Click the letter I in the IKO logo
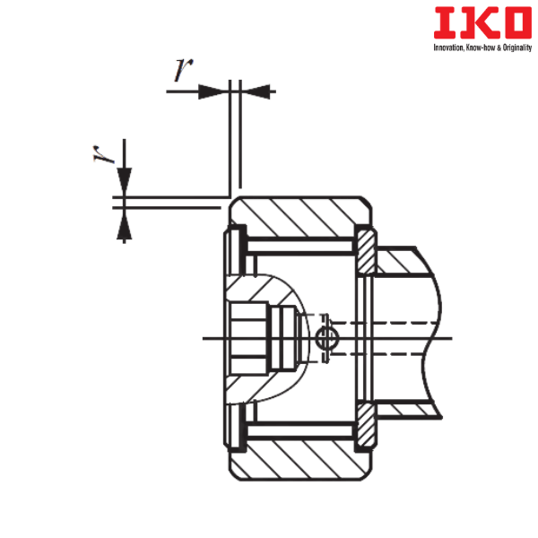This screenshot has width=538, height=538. [445, 23]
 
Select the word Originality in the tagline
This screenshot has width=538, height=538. [517, 48]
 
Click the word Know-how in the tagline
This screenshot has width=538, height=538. [481, 48]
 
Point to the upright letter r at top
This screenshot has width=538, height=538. [183, 70]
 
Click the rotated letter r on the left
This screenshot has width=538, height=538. [103, 154]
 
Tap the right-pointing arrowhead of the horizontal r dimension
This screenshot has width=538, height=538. [213, 91]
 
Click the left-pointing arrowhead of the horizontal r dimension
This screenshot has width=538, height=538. [256, 91]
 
